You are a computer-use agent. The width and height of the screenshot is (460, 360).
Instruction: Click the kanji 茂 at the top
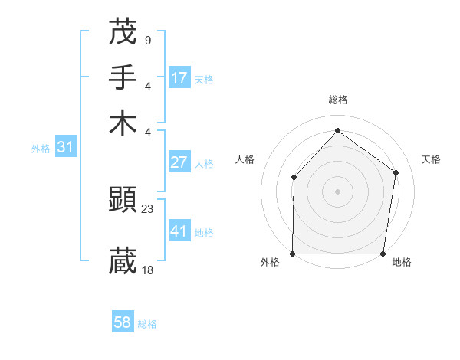click(123, 31)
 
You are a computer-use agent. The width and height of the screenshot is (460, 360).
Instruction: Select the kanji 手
click(123, 78)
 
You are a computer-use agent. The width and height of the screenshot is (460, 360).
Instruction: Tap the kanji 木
click(123, 123)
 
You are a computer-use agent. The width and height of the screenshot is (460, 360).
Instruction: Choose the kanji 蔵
click(123, 260)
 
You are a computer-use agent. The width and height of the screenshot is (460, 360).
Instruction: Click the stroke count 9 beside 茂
click(147, 39)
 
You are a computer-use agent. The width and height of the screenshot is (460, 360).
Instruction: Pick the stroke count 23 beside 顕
click(148, 208)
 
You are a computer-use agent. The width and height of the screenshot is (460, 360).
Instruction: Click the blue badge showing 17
click(179, 78)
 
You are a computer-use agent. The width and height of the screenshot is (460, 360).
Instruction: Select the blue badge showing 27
click(179, 162)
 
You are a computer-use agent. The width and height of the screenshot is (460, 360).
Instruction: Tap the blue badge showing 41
click(179, 231)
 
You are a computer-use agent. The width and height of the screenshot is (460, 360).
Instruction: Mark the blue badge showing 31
click(64, 148)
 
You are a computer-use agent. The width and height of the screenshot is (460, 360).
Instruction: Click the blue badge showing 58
click(123, 322)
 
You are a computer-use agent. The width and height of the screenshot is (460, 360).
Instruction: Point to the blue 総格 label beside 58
click(147, 324)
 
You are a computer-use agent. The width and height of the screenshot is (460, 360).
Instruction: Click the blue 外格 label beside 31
click(41, 149)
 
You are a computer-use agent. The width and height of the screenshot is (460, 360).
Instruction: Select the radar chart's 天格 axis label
click(431, 159)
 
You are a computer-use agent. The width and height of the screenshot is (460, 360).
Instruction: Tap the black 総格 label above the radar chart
click(337, 100)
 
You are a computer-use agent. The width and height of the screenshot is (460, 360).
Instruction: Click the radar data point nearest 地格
click(383, 254)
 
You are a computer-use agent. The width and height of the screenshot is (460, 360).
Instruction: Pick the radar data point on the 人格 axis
click(294, 177)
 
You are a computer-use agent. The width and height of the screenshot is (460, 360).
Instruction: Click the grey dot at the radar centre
click(337, 191)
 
